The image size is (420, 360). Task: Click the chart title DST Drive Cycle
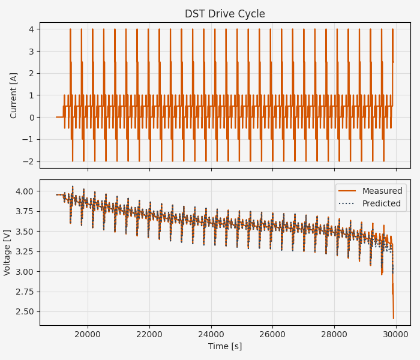[x=224, y=14]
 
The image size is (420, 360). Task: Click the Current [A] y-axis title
[x=14, y=95]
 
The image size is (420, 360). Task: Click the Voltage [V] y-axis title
[x=7, y=252]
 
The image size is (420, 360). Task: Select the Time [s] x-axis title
[x=225, y=346]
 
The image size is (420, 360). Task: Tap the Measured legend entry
[x=381, y=191]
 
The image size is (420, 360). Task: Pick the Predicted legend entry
[x=381, y=203]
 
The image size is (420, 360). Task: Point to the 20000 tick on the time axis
[x=88, y=334]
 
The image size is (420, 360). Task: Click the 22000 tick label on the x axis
[x=149, y=334]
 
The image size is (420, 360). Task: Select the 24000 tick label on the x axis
[x=211, y=334]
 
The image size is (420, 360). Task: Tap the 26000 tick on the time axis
[x=273, y=334]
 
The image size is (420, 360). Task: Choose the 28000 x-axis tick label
[x=334, y=334]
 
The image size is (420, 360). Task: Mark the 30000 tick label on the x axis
[x=396, y=334]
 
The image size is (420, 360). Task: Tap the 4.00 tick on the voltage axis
[x=26, y=191]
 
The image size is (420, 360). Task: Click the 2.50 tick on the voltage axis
[x=26, y=311]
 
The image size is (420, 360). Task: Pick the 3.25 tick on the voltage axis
[x=26, y=251]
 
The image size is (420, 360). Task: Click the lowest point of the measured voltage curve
[x=394, y=319]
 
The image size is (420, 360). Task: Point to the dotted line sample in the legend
[x=347, y=203]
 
